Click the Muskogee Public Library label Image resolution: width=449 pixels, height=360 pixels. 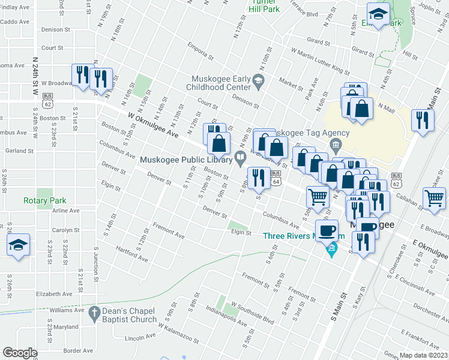(x=186, y=160)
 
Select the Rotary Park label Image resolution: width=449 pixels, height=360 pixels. (x=45, y=200)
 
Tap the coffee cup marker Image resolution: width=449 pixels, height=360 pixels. (x=327, y=231)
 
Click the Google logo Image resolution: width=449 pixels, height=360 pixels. (x=20, y=353)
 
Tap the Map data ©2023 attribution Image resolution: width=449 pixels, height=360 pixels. (x=424, y=355)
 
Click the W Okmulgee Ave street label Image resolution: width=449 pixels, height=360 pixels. (x=153, y=125)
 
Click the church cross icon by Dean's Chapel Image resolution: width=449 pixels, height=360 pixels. (x=94, y=313)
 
